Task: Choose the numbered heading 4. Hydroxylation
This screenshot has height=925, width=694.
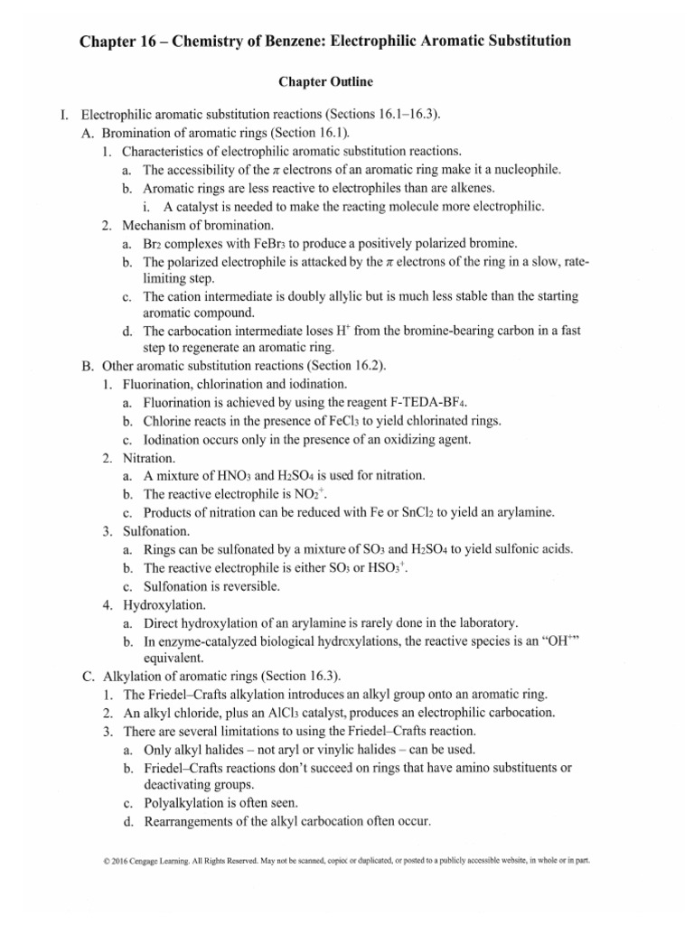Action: click(x=157, y=604)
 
